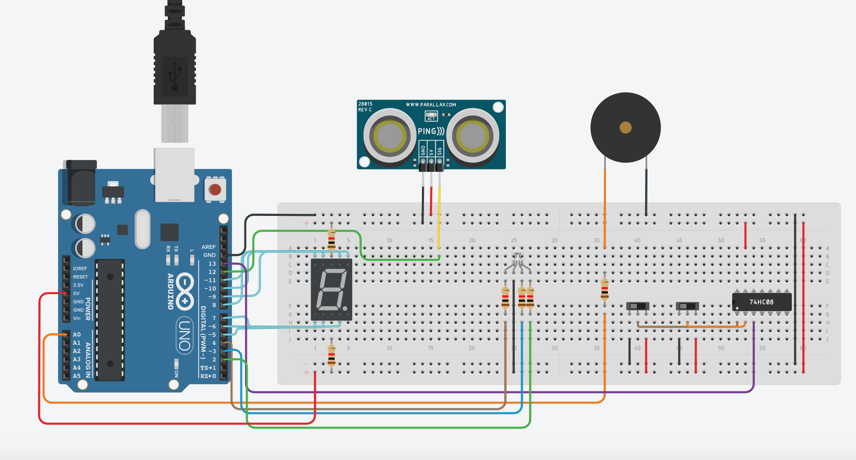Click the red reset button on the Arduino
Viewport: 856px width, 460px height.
click(215, 189)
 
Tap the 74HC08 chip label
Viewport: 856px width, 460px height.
click(761, 302)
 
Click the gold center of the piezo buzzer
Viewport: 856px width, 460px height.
click(625, 128)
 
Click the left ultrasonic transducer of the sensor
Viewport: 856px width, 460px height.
click(389, 136)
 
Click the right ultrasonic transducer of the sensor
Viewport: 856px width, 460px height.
click(472, 136)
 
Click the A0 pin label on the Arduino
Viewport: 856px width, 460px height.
click(77, 335)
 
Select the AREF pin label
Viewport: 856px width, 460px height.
click(208, 247)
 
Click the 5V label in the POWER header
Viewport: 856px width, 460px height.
click(76, 293)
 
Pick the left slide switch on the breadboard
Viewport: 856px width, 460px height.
click(637, 306)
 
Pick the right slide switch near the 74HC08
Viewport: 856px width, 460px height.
click(687, 306)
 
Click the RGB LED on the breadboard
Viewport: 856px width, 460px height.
click(517, 258)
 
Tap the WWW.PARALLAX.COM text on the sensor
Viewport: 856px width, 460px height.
click(431, 105)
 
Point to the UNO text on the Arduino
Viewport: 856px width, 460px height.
click(184, 335)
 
